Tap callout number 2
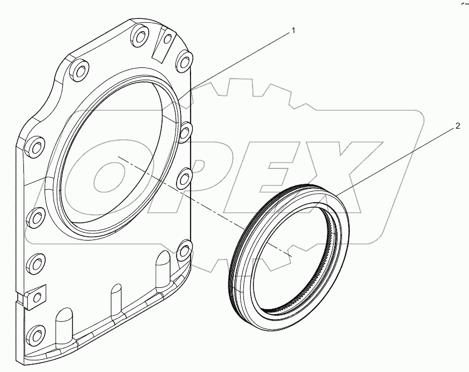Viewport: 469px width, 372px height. click(457, 126)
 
